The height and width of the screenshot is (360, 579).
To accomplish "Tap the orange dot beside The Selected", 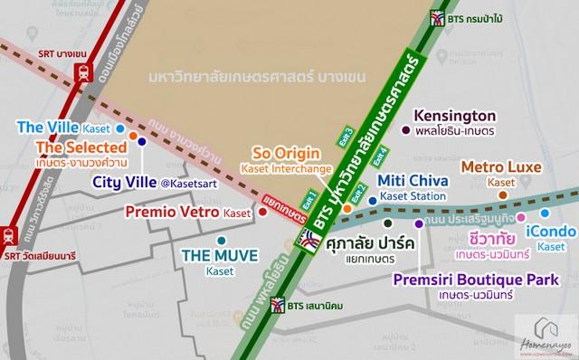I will click(x=133, y=137).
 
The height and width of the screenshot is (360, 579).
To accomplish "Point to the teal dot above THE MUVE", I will click(x=221, y=240).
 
